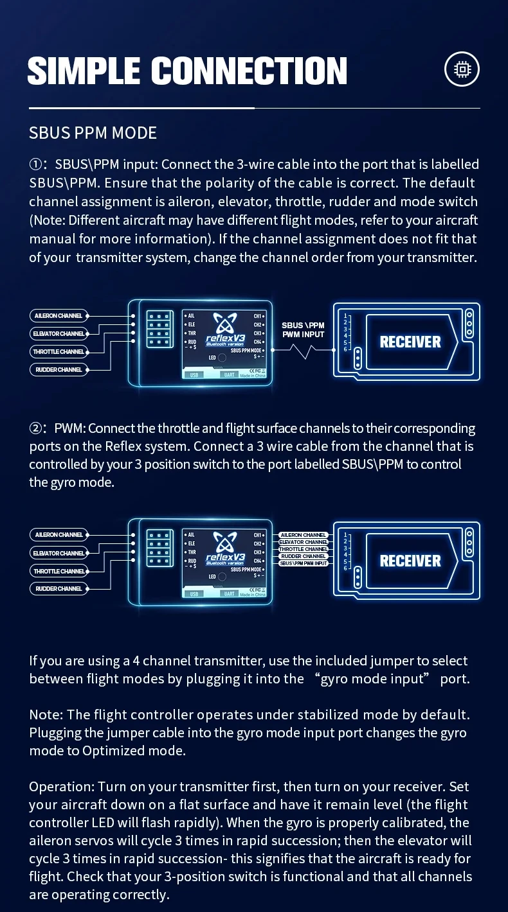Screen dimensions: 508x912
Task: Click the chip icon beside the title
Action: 462,69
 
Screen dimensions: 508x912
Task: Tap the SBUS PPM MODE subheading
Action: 93,133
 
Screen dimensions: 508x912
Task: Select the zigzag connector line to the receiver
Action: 302,351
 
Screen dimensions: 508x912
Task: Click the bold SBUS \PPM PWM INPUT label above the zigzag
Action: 303,330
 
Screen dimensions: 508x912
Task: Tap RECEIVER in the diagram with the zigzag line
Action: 410,342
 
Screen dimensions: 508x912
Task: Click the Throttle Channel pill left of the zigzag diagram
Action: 59,352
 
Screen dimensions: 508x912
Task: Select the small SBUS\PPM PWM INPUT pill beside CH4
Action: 304,563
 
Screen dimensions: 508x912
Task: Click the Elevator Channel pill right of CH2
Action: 304,542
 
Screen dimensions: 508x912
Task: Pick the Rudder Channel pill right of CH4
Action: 304,556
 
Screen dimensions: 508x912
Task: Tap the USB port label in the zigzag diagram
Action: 195,375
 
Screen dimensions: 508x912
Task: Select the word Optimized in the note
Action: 113,751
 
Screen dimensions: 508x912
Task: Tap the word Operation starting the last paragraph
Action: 59,787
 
